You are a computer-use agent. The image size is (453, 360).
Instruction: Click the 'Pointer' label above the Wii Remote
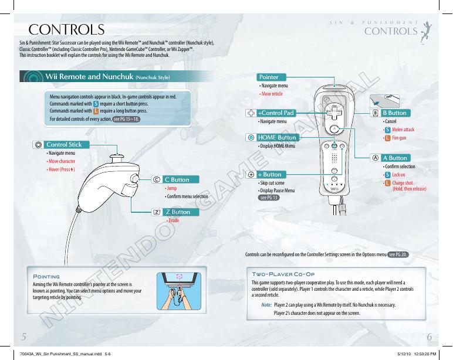(271, 77)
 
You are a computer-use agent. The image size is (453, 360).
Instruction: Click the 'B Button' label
(394, 112)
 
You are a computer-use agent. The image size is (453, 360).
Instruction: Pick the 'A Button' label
(394, 158)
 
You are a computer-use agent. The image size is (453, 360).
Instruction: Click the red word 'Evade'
(173, 220)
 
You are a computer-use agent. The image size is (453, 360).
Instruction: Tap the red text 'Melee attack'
(403, 129)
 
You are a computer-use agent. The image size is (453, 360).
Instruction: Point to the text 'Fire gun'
(400, 137)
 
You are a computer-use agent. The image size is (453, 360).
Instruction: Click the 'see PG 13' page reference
(268, 198)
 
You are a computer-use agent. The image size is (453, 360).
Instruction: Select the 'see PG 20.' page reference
(397, 254)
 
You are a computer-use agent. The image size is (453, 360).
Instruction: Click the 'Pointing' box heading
(48, 276)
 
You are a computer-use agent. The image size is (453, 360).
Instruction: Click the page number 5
(24, 337)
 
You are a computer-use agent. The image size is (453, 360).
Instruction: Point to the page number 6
(430, 337)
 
